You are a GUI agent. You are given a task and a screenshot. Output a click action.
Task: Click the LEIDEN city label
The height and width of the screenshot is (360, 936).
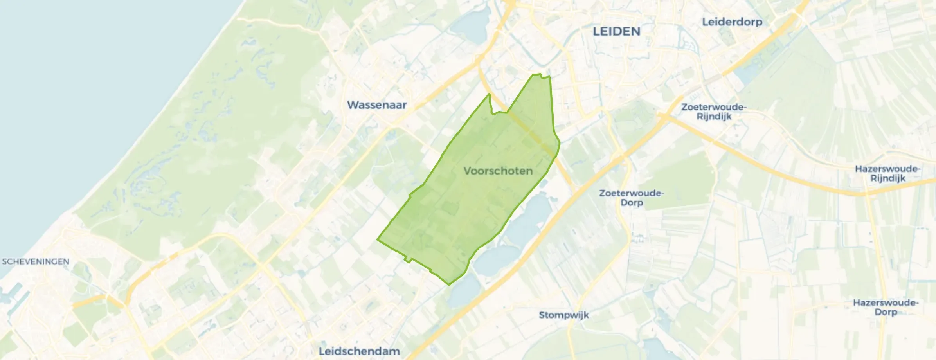click(x=616, y=32)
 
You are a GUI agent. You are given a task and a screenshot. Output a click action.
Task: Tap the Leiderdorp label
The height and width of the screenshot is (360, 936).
click(x=732, y=22)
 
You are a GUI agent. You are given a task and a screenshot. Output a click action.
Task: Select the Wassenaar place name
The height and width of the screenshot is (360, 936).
click(x=376, y=105)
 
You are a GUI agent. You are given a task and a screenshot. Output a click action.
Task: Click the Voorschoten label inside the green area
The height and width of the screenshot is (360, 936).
click(x=498, y=171)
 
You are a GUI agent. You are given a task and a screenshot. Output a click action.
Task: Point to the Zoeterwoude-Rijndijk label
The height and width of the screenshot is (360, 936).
click(x=714, y=112)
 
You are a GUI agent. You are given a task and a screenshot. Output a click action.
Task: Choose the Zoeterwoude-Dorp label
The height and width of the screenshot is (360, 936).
click(x=631, y=198)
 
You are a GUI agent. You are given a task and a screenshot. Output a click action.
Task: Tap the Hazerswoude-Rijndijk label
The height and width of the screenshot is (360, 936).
click(x=887, y=174)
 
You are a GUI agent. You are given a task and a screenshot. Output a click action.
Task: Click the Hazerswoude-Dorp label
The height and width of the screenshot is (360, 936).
click(x=886, y=308)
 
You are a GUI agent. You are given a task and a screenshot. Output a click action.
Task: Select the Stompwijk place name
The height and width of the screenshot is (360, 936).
click(x=563, y=315)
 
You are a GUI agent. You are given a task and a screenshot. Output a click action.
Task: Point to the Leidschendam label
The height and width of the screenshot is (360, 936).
click(x=359, y=351)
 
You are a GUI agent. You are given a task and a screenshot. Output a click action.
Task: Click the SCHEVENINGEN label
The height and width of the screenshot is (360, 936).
click(x=36, y=262)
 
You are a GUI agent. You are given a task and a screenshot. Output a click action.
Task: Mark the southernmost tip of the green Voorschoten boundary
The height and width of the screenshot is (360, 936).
click(x=449, y=284)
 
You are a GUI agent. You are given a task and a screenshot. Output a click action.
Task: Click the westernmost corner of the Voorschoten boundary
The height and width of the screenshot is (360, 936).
click(x=378, y=239)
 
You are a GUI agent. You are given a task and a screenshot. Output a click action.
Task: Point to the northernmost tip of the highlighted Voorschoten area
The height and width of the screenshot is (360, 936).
click(x=540, y=74)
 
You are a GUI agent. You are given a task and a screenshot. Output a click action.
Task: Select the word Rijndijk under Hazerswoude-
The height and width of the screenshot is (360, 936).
click(x=887, y=178)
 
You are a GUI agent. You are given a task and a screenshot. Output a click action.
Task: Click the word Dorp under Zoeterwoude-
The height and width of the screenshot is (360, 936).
click(x=631, y=203)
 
